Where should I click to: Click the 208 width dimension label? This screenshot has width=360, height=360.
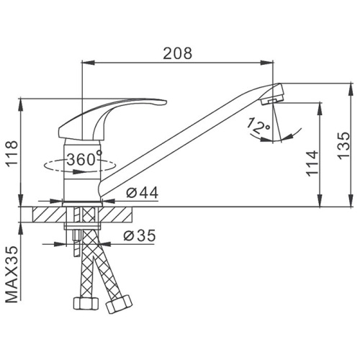coord(178,53)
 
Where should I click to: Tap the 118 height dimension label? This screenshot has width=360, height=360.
coord(12,153)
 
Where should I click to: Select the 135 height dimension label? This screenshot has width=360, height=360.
coord(344,145)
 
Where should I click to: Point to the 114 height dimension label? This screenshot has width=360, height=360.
coord(312,164)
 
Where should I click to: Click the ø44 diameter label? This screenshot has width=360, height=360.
coord(143,192)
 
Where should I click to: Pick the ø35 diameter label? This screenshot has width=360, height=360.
coord(140,235)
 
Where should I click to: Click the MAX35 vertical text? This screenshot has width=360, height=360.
coord(12,274)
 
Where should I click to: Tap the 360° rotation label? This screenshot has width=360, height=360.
coord(84,159)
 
